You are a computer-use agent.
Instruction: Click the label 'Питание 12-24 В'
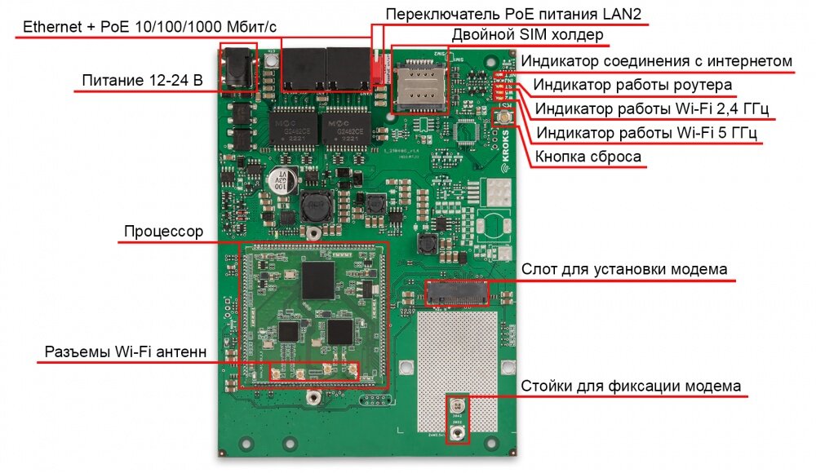coord(141,81)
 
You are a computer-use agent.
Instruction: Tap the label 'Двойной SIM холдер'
coord(528,35)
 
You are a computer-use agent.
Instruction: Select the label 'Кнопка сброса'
coord(588,157)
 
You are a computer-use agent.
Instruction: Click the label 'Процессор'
coord(163,232)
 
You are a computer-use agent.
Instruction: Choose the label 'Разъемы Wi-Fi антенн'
coord(125,351)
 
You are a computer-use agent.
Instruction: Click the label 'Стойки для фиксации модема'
coord(631,386)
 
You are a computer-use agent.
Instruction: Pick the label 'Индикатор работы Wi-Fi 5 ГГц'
coord(647,133)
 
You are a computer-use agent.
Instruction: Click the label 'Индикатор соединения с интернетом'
coord(657,61)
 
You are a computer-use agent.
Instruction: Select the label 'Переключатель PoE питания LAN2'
coord(517,14)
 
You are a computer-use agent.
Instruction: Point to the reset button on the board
coord(504,118)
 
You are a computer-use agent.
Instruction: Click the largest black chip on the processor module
coord(318,279)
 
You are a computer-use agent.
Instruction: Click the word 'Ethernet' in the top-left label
coord(51,26)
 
